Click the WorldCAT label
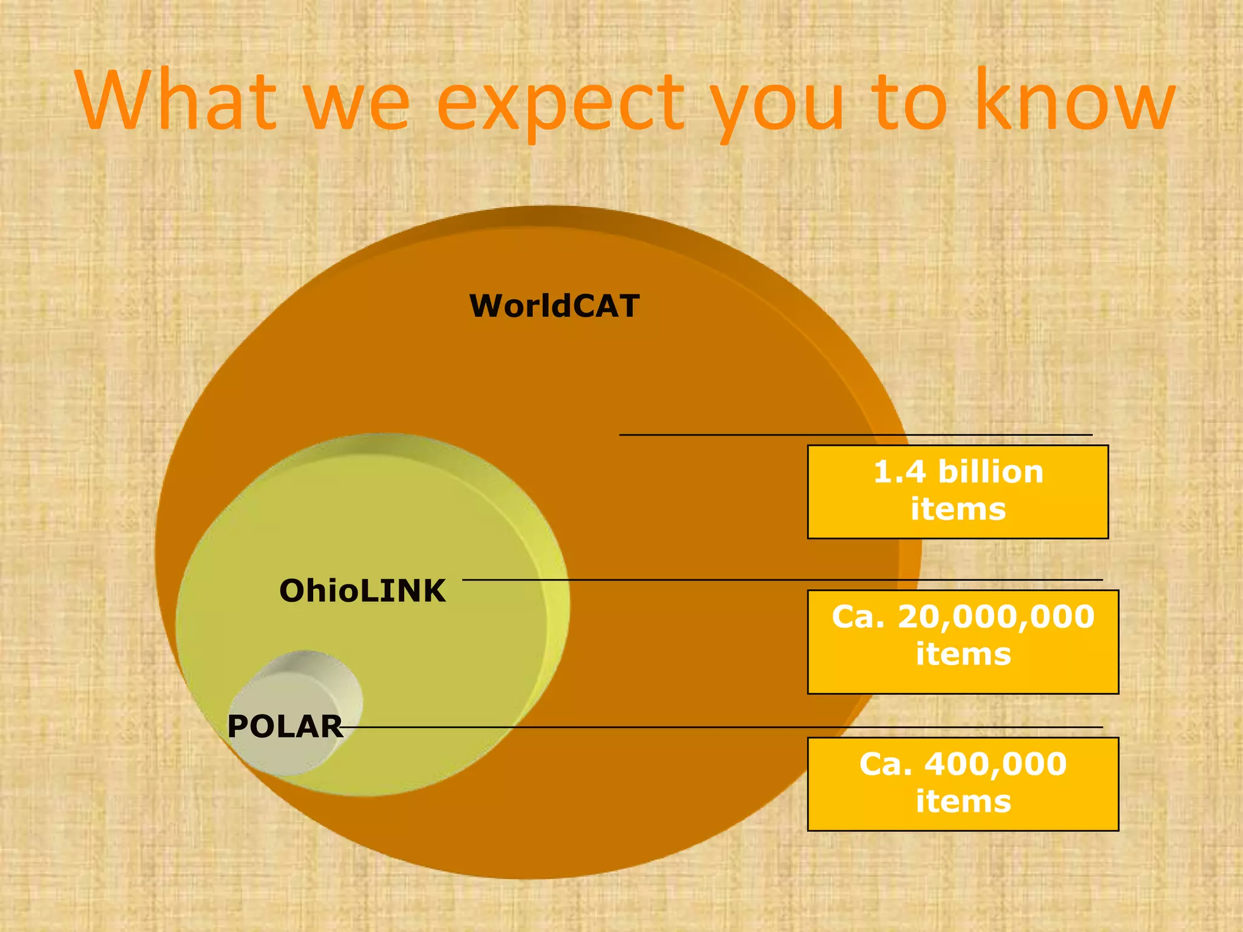pyautogui.click(x=554, y=306)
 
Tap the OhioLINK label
pyautogui.click(x=362, y=591)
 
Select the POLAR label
pyautogui.click(x=285, y=726)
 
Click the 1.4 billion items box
pyautogui.click(x=958, y=491)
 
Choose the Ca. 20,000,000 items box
pyautogui.click(x=963, y=641)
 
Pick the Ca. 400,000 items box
pyautogui.click(x=963, y=784)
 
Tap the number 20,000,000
pyautogui.click(x=995, y=617)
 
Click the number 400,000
pyautogui.click(x=995, y=765)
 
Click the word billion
pyautogui.click(x=991, y=472)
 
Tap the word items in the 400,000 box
pyautogui.click(x=963, y=802)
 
